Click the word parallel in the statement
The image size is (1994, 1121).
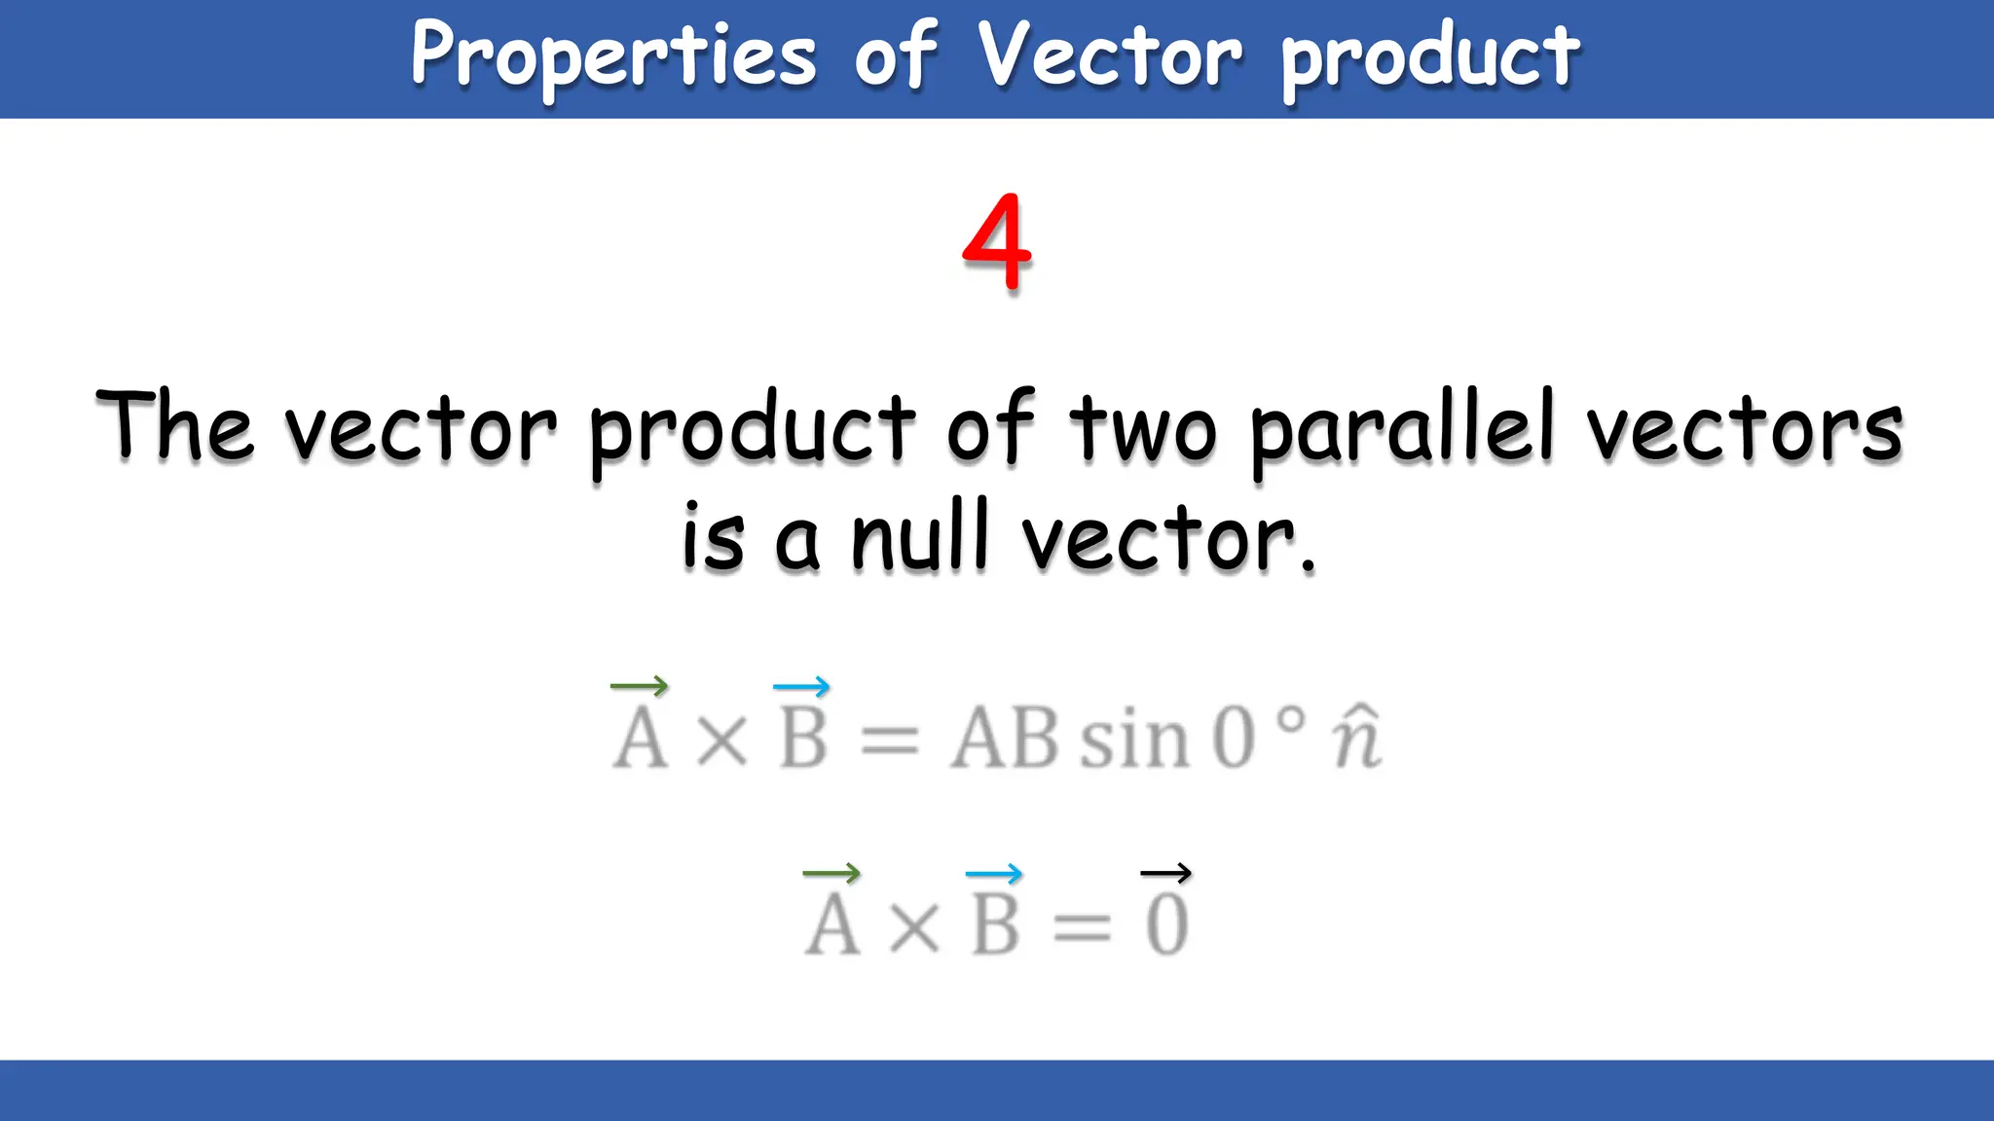1402,428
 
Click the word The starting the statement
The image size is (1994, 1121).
175,425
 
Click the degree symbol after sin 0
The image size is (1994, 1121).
1290,720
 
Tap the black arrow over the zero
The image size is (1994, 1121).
1165,873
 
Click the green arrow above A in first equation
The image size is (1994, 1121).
639,686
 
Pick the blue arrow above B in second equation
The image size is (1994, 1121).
993,873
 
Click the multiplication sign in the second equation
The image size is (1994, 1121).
915,926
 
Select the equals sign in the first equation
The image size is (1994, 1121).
889,740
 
